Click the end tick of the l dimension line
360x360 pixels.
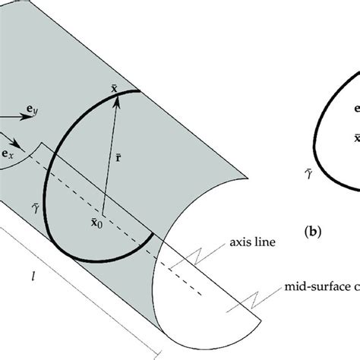(x=156, y=352)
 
